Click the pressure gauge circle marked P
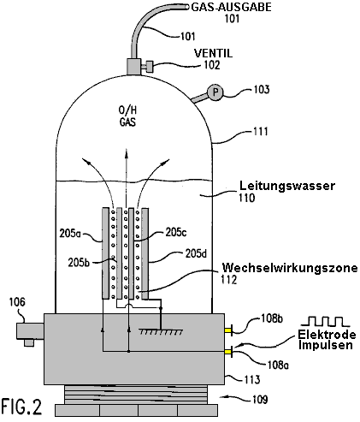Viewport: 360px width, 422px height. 215,92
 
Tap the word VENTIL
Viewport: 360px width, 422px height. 213,53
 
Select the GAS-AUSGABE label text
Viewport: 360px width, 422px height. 231,7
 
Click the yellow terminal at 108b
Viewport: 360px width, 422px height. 228,330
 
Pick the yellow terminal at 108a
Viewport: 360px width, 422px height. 228,352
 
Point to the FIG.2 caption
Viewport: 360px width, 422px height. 21,407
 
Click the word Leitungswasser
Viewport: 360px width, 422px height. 287,186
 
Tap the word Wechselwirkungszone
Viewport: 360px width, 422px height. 290,268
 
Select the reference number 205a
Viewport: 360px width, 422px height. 70,234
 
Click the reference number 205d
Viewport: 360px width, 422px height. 196,253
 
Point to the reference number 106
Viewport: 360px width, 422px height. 17,302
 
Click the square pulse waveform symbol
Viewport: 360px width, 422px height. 325,321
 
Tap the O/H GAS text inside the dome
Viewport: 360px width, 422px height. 127,116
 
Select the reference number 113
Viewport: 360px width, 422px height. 252,380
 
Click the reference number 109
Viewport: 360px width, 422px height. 260,400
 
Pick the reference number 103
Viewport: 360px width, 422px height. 262,90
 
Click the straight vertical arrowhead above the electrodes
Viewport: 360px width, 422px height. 126,152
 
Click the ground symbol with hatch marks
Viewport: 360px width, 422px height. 161,331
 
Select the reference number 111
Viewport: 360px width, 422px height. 261,132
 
